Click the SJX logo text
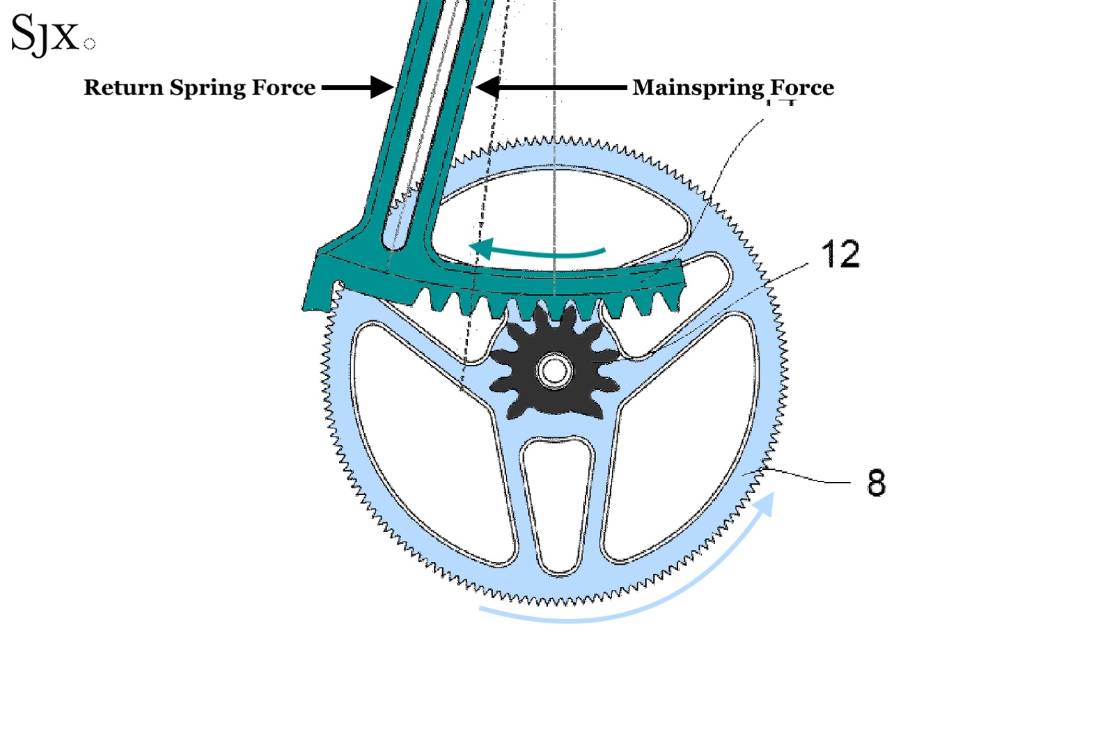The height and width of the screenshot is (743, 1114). pyautogui.click(x=45, y=33)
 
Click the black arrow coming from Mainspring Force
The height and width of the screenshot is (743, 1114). pyautogui.click(x=550, y=87)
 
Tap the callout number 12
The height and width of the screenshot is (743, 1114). pyautogui.click(x=840, y=255)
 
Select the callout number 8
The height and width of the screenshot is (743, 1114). pyautogui.click(x=876, y=483)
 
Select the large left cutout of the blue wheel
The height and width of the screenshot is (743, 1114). pyautogui.click(x=425, y=446)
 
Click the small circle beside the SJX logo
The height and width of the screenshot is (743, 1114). pyautogui.click(x=89, y=44)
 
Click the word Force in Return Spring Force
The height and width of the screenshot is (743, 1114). pyautogui.click(x=283, y=88)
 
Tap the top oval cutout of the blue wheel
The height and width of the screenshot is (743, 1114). pyautogui.click(x=557, y=209)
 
